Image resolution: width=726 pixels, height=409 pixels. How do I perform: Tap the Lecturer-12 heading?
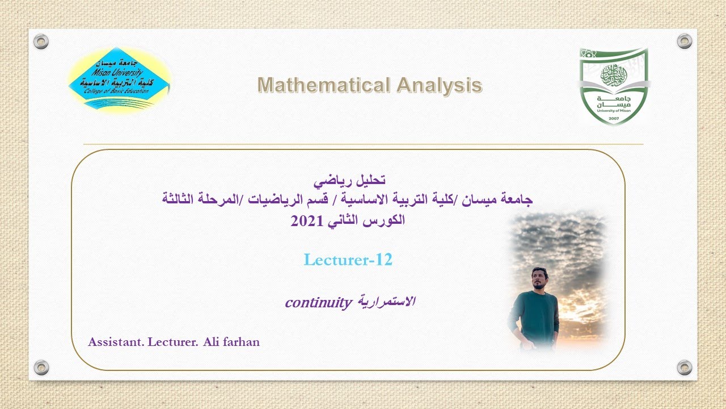point(348,260)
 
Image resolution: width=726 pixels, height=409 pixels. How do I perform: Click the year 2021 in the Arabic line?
point(306,221)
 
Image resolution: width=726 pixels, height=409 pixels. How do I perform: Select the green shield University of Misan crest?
point(613,85)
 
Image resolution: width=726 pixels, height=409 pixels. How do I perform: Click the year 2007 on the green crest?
point(613,116)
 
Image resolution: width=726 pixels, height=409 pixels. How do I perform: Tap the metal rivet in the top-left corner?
point(41,41)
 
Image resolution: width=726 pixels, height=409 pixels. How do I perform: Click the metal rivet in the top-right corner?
point(685,41)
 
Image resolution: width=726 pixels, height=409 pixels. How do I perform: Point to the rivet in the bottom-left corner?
point(41,368)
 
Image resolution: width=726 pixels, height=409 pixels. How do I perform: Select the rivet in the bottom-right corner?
point(685,368)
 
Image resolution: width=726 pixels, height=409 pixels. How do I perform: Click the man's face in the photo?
point(539,278)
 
